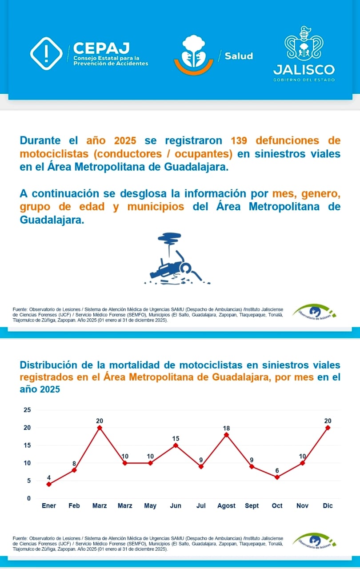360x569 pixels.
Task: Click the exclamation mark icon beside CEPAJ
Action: (46, 53)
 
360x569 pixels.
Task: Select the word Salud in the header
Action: (239, 56)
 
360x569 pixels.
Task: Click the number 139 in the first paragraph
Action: (240, 140)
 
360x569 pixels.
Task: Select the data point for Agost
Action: (226, 435)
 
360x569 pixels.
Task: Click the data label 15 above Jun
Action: (176, 439)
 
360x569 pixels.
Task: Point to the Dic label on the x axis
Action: (328, 506)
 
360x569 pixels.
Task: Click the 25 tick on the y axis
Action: (28, 410)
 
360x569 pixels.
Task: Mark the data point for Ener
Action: (49, 484)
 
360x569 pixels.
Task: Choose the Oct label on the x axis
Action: (277, 506)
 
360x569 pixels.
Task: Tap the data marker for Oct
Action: (277, 477)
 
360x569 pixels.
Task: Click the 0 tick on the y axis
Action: (29, 498)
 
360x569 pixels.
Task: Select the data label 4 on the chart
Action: (49, 478)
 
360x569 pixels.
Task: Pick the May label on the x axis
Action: (150, 506)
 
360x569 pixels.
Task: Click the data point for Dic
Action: (328, 428)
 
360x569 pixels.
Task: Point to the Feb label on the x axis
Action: (74, 506)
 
